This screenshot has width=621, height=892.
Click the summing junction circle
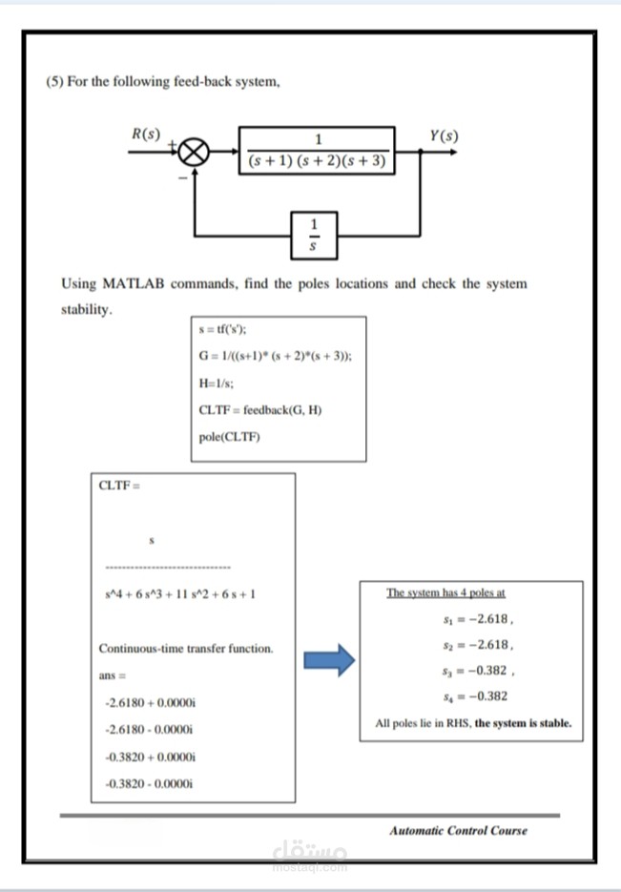(197, 152)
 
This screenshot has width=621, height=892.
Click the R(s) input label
(146, 134)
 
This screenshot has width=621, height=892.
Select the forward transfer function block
(317, 150)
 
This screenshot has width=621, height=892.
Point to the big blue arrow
(328, 661)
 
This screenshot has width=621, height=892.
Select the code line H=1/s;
(217, 383)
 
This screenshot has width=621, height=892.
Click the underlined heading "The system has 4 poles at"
(445, 591)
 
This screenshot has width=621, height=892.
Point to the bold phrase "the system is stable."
(523, 722)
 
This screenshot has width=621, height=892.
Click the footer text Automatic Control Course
(458, 830)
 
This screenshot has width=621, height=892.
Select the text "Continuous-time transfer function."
(186, 649)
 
